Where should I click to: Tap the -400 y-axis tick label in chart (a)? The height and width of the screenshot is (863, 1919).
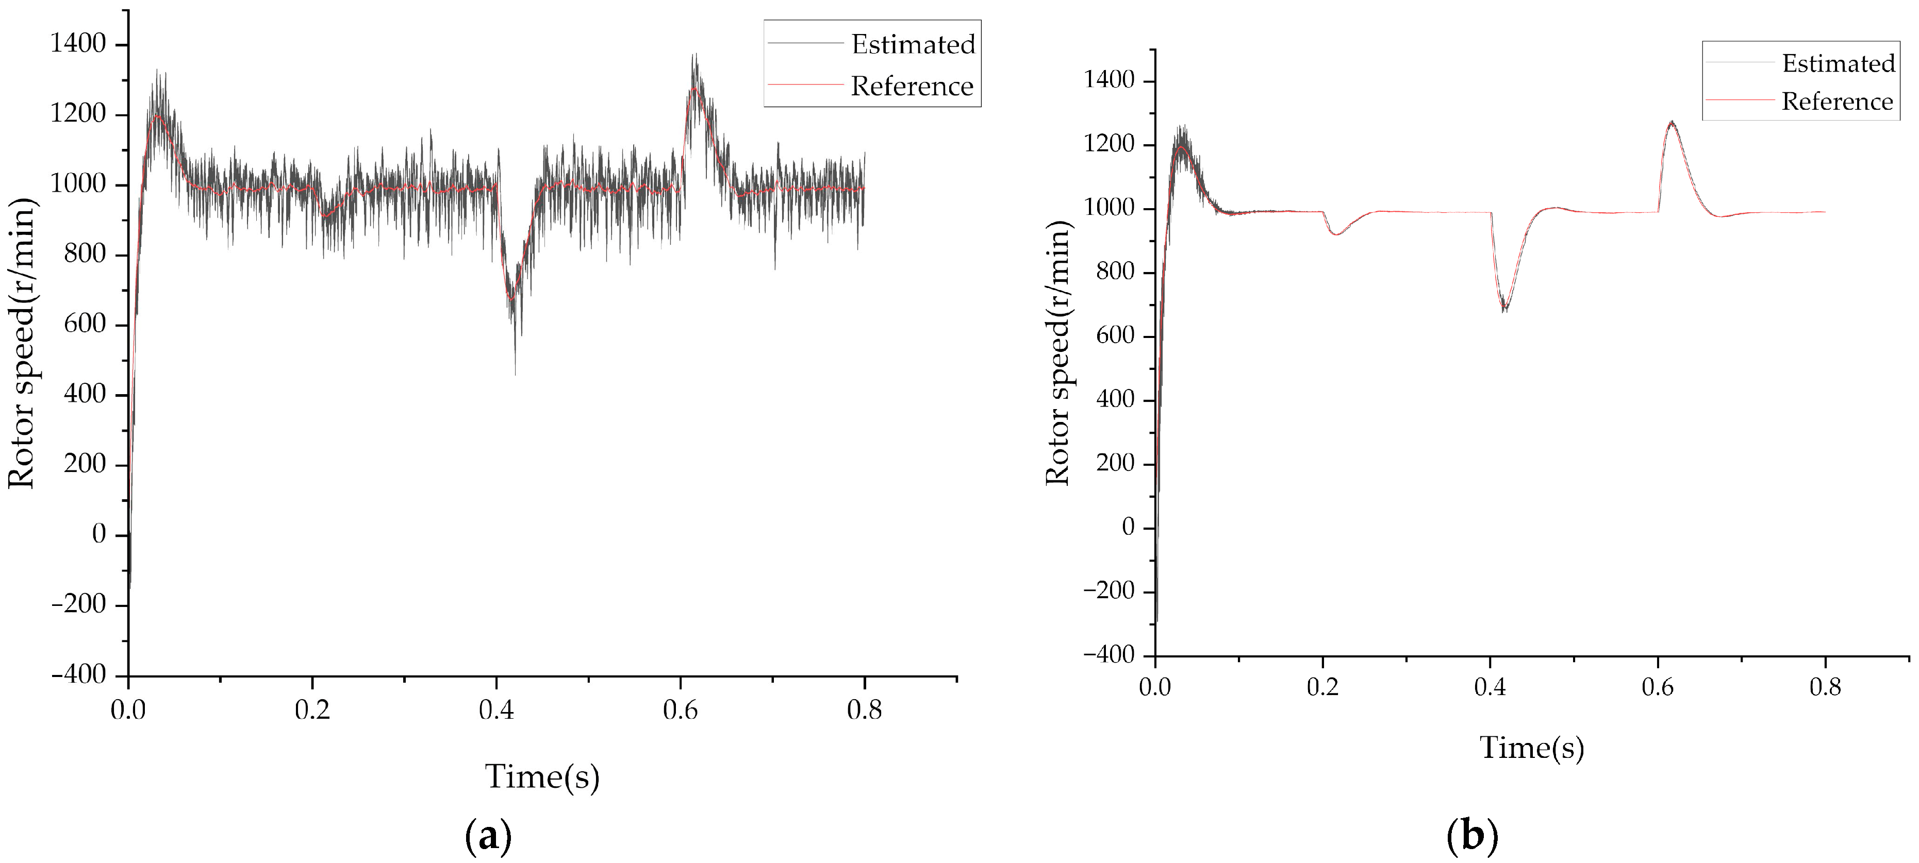(78, 674)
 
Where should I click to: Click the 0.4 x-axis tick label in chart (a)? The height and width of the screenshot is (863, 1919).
(496, 710)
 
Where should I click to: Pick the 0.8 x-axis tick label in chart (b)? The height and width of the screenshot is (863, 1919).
(1825, 686)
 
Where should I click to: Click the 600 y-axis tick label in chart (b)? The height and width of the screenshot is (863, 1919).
(1115, 336)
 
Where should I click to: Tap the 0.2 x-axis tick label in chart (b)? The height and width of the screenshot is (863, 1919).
(1322, 686)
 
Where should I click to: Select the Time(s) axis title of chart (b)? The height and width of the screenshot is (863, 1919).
(1532, 748)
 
